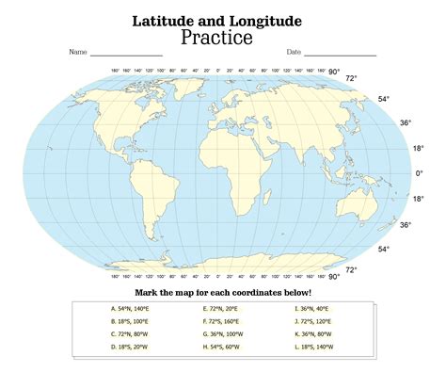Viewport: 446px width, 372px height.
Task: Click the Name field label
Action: point(77,53)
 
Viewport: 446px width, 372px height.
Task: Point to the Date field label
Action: point(293,53)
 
